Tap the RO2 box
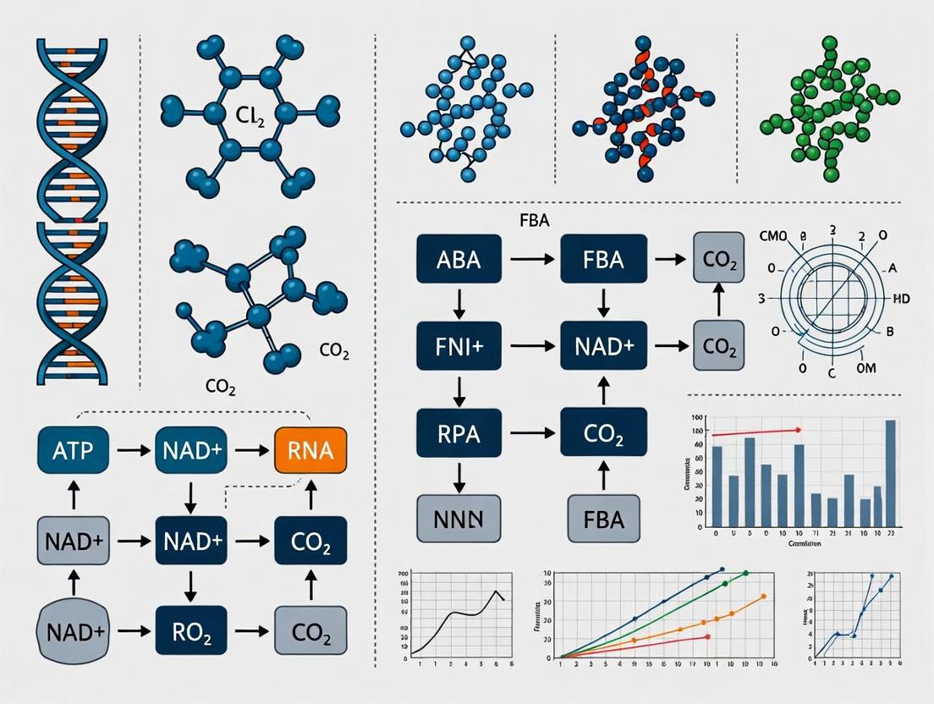191,630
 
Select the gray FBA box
604,518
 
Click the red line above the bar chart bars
755,432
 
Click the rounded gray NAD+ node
73,630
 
